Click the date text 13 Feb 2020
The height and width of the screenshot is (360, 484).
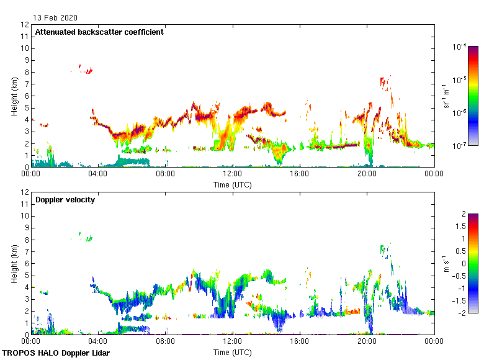[x=56, y=18]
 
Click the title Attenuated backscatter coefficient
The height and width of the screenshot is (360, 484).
[x=99, y=32]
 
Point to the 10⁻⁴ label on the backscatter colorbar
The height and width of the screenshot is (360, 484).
[x=460, y=47]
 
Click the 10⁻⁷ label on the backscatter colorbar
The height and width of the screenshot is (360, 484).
[x=460, y=146]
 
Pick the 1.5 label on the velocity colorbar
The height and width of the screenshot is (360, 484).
[x=462, y=226]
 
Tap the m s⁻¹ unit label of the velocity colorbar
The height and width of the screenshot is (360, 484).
[x=446, y=263]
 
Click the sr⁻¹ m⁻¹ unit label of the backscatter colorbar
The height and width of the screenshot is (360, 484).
[x=446, y=96]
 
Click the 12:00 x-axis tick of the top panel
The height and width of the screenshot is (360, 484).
[x=233, y=174]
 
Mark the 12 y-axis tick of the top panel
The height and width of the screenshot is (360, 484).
[x=25, y=25]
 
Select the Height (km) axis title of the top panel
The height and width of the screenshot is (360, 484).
[x=14, y=96]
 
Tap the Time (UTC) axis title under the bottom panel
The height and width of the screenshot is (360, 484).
[x=233, y=352]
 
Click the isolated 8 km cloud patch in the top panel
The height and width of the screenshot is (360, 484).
[x=88, y=70]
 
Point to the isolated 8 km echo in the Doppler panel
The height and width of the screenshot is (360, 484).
[x=88, y=238]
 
